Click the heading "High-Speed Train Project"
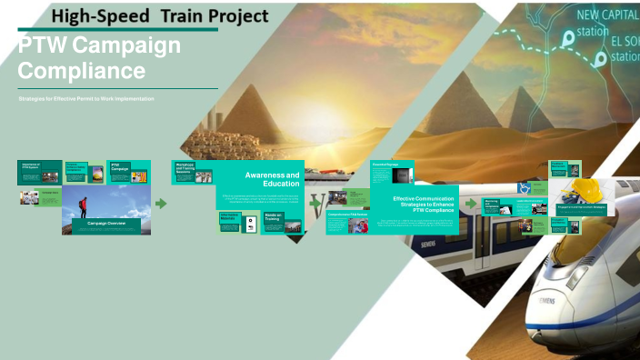coord(160,16)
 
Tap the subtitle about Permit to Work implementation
coord(86,98)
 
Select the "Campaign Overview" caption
coord(106,222)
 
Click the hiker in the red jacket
coord(83,207)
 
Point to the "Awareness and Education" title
coord(272,178)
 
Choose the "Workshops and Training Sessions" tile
coord(187,168)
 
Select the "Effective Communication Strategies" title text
coord(424,205)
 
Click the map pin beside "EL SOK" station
coord(600,59)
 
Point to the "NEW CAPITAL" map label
coord(608,15)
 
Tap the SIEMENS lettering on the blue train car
coord(426,244)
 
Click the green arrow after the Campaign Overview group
coord(161,203)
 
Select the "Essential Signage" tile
coord(391,170)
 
